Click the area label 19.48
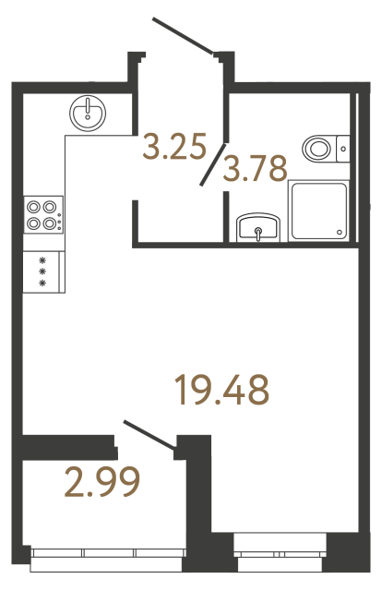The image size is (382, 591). [222, 390]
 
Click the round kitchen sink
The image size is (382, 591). [88, 111]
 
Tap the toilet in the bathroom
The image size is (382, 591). [319, 147]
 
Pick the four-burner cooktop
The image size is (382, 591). [43, 214]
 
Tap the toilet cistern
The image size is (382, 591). [342, 146]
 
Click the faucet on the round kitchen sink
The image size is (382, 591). [88, 103]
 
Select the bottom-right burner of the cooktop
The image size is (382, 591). [49, 222]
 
